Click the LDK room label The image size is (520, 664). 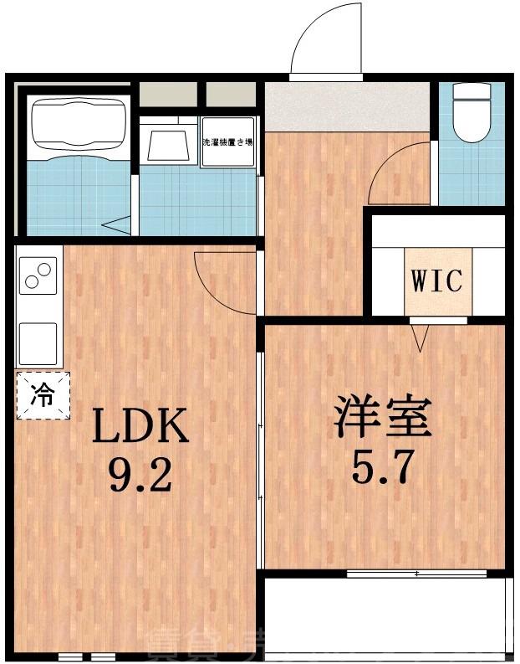pos(140,428)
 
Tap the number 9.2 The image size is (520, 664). pos(140,476)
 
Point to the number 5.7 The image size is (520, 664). pos(383,467)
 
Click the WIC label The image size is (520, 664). pos(436,281)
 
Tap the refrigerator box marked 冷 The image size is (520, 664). pos(43,394)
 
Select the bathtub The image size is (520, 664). pos(78,126)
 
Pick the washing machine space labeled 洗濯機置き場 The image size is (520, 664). pos(227,142)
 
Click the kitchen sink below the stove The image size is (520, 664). pos(38,342)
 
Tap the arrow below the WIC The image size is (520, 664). pos(420,337)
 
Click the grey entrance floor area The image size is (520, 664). pos(347,107)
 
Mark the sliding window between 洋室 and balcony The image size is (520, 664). pos(416,574)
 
